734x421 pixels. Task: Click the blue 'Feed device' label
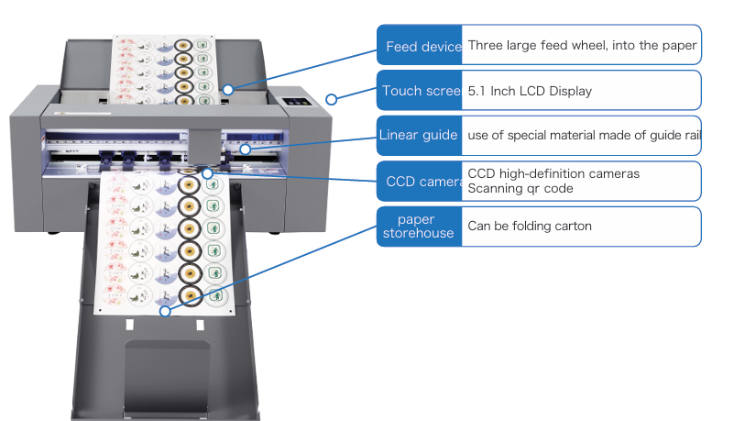coord(420,46)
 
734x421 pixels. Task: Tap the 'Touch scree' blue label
coord(420,91)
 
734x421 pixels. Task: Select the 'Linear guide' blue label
coord(420,136)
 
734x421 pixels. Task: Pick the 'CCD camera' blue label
coord(420,181)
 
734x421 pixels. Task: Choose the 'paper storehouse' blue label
coord(420,226)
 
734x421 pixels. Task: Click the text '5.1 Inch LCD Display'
coord(530,91)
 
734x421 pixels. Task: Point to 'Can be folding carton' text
coord(530,226)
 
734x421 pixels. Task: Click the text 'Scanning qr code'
coord(520,189)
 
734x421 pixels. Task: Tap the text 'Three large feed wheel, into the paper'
coord(582,45)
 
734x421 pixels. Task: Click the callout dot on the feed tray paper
coord(228,90)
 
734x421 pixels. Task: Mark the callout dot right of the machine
coord(332,98)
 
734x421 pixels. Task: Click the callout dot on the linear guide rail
coord(246,149)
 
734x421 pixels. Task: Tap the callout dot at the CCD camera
coord(208,172)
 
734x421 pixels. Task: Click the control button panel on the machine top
coord(293,102)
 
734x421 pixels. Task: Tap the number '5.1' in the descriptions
coord(477,91)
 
